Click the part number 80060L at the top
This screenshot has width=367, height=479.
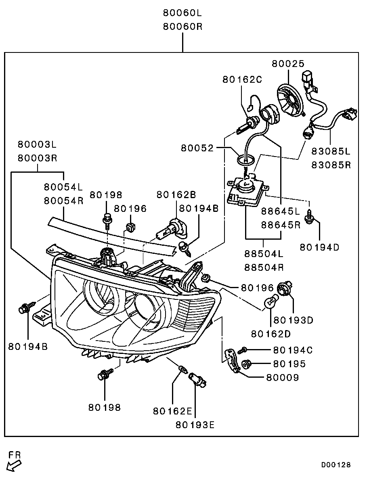[182, 13]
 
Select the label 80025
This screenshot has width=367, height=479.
[287, 63]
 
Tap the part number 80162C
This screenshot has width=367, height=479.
[242, 79]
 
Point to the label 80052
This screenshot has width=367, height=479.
[197, 148]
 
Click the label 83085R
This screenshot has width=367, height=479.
[331, 165]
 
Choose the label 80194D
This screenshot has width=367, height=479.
[319, 247]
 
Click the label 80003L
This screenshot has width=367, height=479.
[37, 144]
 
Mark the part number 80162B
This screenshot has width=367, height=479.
[176, 195]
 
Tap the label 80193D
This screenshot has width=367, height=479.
[293, 320]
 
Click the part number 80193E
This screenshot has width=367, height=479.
[195, 425]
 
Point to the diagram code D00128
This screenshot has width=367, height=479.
[336, 465]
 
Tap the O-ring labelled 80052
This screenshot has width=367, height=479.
[245, 159]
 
